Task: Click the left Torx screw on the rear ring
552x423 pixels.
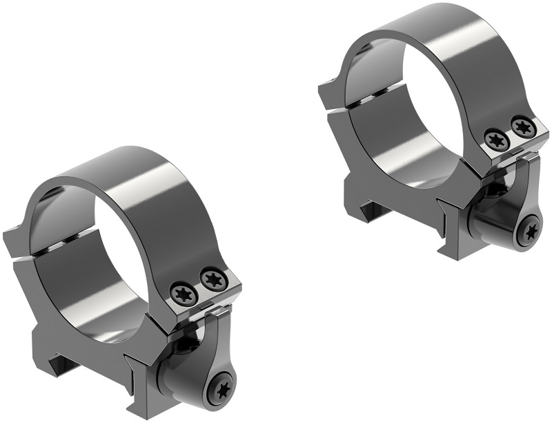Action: click(x=495, y=139)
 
